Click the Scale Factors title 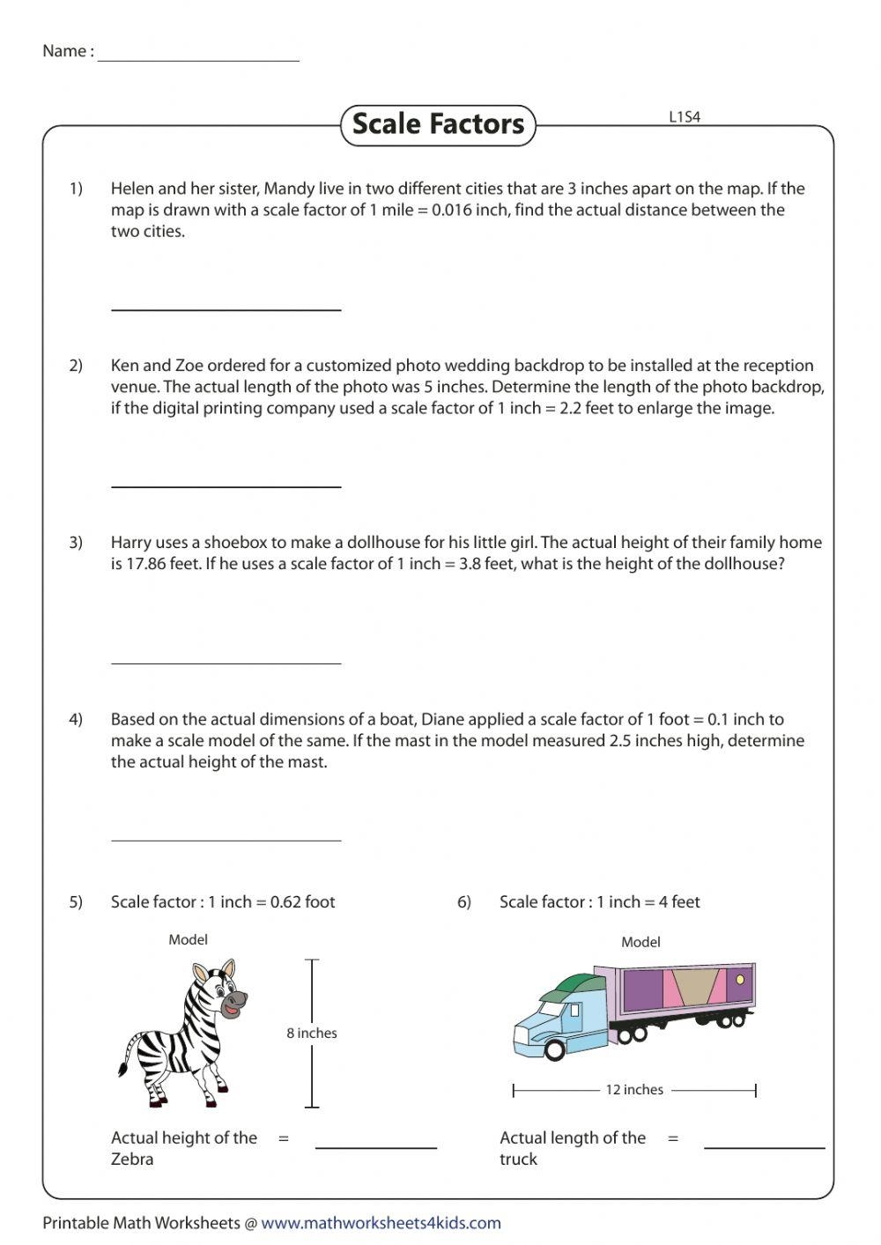click(438, 123)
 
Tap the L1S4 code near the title click(685, 116)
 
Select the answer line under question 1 click(226, 308)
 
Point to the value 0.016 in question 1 click(452, 211)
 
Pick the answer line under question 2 click(226, 485)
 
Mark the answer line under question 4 click(226, 840)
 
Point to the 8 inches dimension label click(312, 1034)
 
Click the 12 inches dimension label click(633, 1090)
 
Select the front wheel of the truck click(555, 1049)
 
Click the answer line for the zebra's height click(376, 1147)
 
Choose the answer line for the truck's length click(765, 1147)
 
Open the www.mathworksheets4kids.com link click(381, 1223)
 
